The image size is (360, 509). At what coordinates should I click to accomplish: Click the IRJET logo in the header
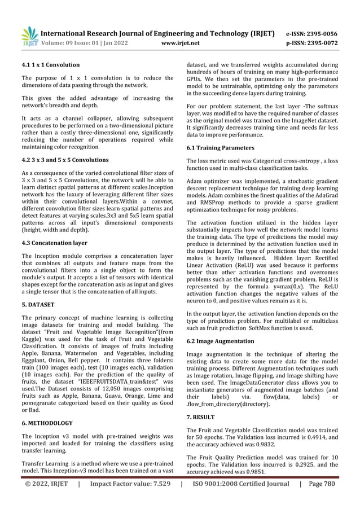30,36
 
